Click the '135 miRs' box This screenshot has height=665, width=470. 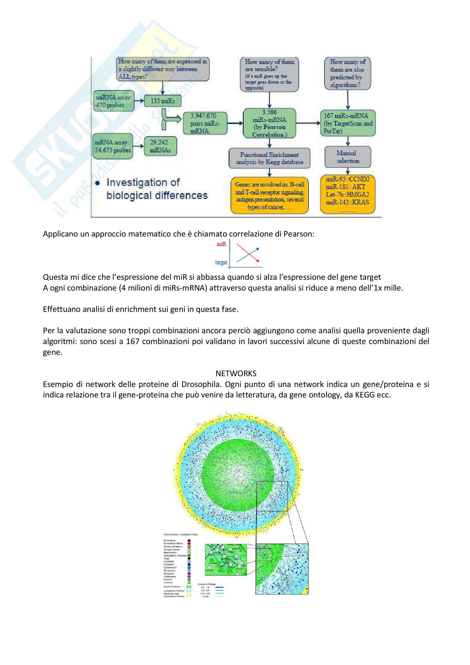162,101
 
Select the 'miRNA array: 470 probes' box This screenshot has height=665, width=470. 113,101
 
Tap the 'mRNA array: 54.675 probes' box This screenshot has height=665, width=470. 113,146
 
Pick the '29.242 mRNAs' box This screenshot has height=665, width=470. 160,146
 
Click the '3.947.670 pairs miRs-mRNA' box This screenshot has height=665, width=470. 205,123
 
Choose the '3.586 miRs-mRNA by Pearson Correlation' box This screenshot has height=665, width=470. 269,123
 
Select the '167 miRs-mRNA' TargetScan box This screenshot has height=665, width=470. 348,123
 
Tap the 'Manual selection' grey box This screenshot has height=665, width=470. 347,157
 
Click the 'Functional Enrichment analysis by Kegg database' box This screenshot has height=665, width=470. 269,158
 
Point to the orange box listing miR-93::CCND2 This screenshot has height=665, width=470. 347,194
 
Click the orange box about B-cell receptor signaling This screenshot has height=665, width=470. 269,196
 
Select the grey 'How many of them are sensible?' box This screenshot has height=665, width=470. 269,74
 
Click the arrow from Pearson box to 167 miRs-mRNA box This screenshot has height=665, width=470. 308,123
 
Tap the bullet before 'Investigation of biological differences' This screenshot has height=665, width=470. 98,183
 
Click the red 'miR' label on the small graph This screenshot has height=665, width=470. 221,244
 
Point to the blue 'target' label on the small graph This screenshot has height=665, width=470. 221,262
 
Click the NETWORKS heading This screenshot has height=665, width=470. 236,373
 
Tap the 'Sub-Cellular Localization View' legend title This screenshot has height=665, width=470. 181,535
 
